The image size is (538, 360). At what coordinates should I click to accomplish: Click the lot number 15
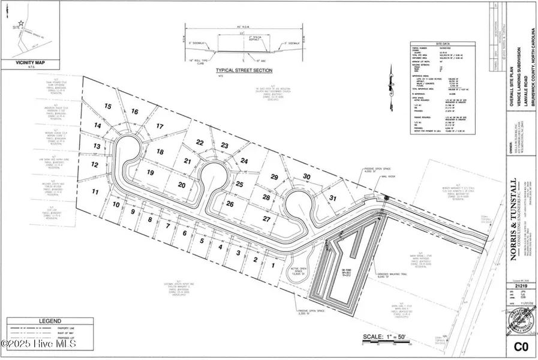pyautogui.click(x=108, y=106)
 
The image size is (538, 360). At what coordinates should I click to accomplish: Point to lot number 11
pyautogui.click(x=95, y=192)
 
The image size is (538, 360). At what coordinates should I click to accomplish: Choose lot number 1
pyautogui.click(x=273, y=265)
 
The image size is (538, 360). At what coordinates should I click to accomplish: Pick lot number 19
pyautogui.click(x=151, y=173)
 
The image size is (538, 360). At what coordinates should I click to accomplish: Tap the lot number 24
pyautogui.click(x=244, y=161)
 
